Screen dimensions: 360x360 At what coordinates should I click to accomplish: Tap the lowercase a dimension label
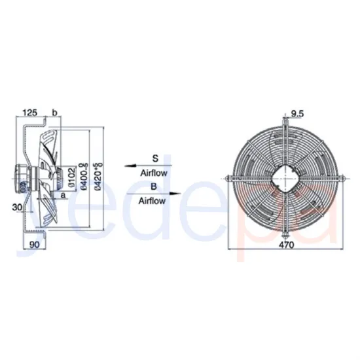63,194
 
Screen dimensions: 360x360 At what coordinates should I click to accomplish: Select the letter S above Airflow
155,158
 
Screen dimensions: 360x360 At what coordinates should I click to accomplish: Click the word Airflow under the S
155,173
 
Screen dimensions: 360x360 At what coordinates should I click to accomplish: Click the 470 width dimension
284,244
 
